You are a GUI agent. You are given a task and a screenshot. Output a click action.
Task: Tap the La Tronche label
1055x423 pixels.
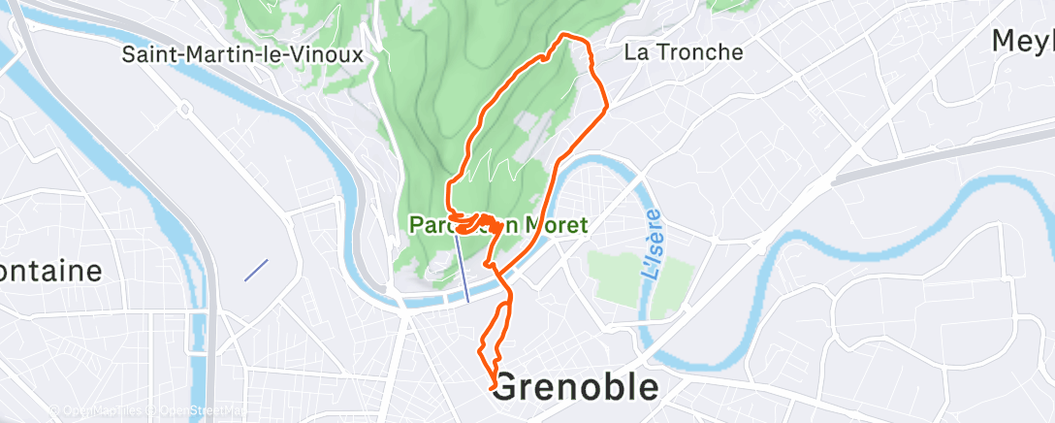(684, 52)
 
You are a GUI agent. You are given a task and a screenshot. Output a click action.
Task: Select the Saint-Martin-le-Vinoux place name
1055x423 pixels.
(242, 54)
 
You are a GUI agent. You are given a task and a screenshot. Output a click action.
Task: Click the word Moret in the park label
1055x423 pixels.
(556, 225)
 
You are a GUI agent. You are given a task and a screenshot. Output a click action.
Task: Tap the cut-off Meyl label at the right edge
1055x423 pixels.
(1022, 41)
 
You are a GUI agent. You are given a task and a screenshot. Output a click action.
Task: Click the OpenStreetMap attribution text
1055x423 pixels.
(199, 411)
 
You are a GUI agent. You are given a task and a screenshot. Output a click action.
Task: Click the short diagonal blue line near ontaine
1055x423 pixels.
(256, 270)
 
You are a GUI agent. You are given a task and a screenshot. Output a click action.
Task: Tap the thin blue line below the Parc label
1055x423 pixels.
(463, 267)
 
